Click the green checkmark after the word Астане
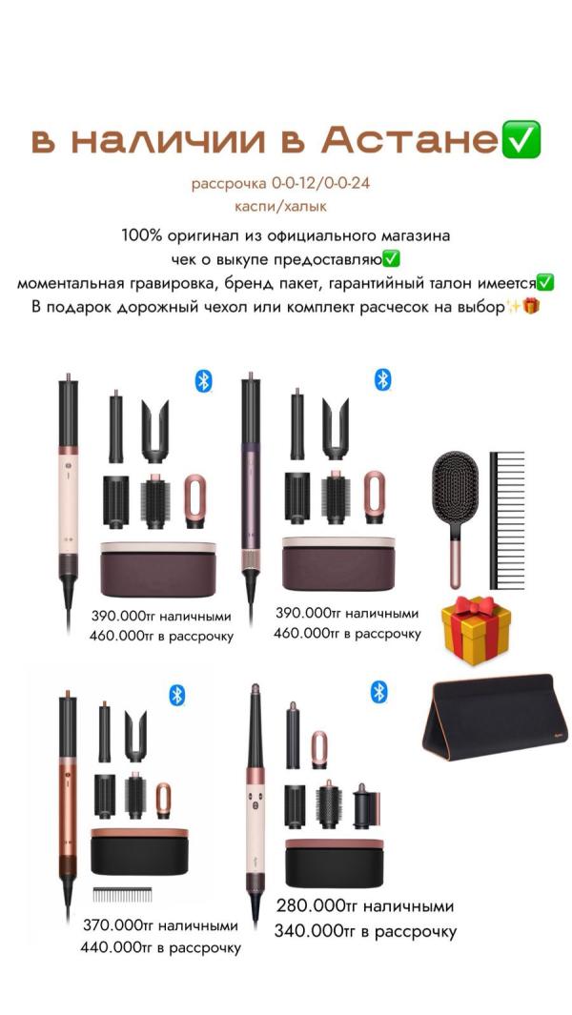(521, 140)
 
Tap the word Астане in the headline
(411, 140)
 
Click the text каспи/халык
(281, 207)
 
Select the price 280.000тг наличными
(365, 905)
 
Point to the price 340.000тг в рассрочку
(365, 931)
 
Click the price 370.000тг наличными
(160, 925)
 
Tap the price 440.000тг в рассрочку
(160, 947)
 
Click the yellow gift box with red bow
(476, 631)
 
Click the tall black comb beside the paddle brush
(506, 520)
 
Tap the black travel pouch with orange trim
(494, 716)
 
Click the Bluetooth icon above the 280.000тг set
(379, 692)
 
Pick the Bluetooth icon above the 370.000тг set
(177, 695)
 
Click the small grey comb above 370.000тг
(122, 895)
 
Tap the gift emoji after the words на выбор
(531, 306)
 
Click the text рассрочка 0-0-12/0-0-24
(280, 184)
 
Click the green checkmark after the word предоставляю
(391, 259)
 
